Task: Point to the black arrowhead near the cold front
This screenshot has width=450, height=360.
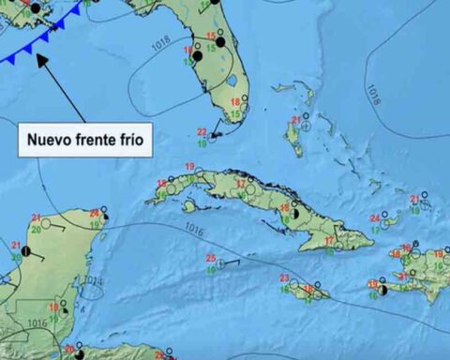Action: tap(41, 60)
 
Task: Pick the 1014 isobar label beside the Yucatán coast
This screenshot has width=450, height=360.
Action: tap(89, 280)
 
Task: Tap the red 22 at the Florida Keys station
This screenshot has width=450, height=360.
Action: tap(202, 132)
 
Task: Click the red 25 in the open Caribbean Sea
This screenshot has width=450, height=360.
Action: tap(211, 258)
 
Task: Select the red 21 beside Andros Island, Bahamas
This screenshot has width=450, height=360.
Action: tap(295, 120)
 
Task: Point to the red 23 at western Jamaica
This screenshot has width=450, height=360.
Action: tap(284, 277)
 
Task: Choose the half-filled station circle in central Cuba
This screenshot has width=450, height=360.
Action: tap(295, 215)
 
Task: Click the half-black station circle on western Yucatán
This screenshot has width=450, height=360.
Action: tap(27, 251)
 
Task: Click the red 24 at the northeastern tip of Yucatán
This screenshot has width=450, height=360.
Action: tap(94, 213)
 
